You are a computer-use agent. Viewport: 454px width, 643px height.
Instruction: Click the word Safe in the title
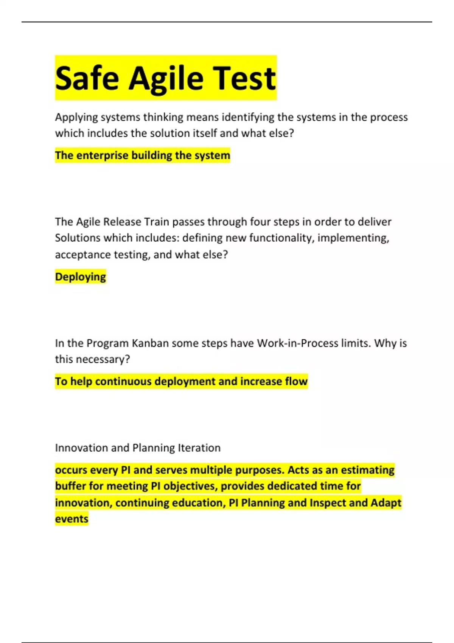(87, 78)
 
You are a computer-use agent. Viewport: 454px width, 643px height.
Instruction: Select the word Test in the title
(244, 78)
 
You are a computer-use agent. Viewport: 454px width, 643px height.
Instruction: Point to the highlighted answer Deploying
(80, 277)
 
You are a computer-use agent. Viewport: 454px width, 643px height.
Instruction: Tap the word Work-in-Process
(297, 343)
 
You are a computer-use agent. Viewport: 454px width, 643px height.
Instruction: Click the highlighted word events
(72, 519)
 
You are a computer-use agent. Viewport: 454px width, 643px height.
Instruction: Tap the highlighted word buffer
(70, 486)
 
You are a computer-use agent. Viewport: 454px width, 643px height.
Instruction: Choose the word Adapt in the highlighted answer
(386, 503)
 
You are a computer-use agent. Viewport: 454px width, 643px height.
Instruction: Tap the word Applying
(77, 118)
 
